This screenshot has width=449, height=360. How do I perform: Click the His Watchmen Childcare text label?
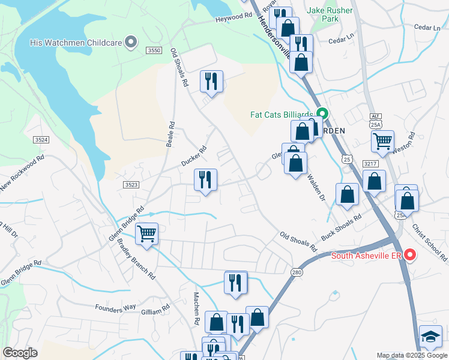(x=76, y=43)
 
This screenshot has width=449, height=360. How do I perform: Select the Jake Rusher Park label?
(x=331, y=14)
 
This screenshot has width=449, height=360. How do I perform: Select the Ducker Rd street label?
(x=194, y=157)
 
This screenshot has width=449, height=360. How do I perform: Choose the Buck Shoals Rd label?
(x=341, y=227)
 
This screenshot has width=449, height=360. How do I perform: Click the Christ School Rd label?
(x=430, y=244)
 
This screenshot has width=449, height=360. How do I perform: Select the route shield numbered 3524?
(x=41, y=139)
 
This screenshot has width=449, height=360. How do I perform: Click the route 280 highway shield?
(x=297, y=272)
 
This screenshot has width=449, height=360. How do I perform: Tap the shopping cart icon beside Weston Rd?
(x=382, y=142)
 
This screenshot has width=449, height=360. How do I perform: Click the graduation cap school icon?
(x=430, y=337)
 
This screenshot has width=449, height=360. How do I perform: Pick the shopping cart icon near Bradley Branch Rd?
(x=147, y=233)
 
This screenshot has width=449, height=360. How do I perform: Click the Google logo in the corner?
(x=20, y=353)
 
